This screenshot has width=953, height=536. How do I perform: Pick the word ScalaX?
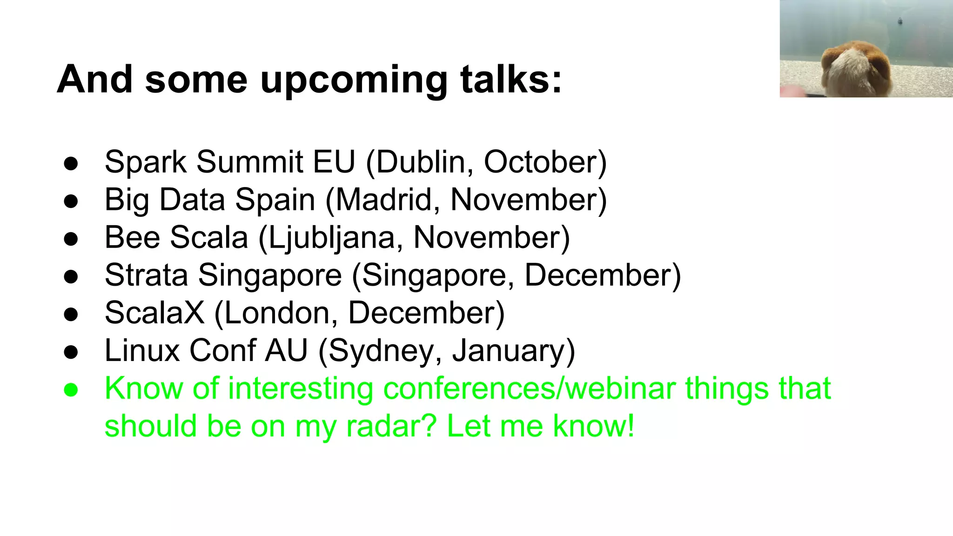(x=154, y=313)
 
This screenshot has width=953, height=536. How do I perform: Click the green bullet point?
(x=71, y=389)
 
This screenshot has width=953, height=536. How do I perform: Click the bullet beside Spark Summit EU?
(x=71, y=164)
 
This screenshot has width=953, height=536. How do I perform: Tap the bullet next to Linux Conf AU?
(x=71, y=352)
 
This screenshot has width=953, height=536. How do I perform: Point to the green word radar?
(x=391, y=426)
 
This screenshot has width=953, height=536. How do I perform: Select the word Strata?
(x=146, y=275)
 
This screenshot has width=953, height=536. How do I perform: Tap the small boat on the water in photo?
(x=900, y=20)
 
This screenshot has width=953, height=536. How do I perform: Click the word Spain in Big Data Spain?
(x=275, y=200)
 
